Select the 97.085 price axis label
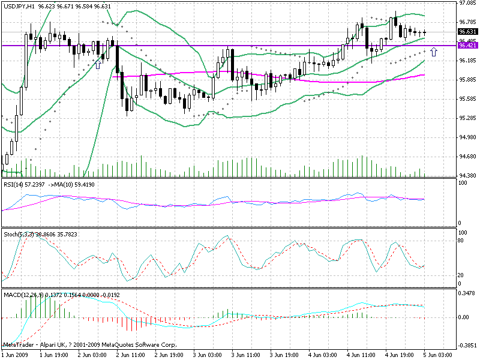pos(467,3)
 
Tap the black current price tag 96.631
pos(467,32)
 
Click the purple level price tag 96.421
pos(467,45)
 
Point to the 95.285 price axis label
pos(467,118)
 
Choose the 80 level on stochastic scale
pos(461,241)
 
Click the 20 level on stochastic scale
pos(461,275)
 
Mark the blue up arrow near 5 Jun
pos(434,53)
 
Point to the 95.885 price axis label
pos(467,80)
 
